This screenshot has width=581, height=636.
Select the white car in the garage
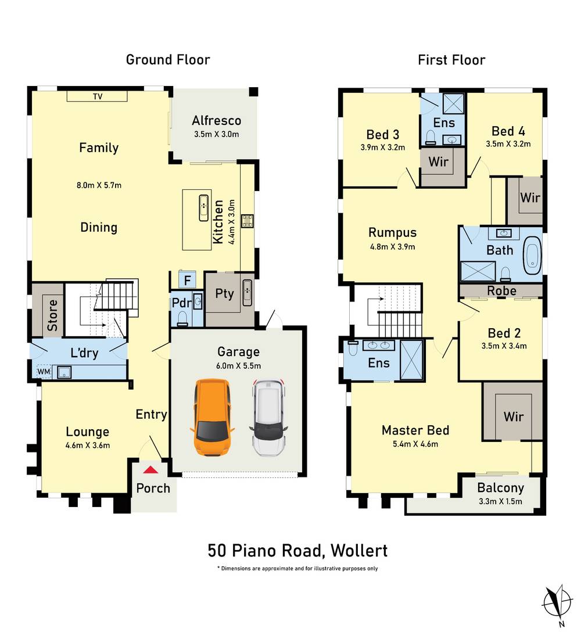(268, 417)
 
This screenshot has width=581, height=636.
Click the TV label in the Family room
(97, 96)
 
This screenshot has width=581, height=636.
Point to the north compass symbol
(556, 605)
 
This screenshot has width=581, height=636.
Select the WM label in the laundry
(44, 371)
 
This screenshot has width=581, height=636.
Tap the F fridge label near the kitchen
(187, 280)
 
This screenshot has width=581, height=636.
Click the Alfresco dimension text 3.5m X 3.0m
(216, 134)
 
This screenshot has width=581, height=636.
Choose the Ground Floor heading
(168, 59)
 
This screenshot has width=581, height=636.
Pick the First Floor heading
(451, 59)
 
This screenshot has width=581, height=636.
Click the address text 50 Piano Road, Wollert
(297, 550)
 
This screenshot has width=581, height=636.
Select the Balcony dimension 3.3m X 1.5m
(500, 502)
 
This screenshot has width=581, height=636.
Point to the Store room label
(52, 315)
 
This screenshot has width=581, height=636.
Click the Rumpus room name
(393, 232)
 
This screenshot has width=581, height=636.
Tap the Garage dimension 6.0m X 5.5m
(238, 365)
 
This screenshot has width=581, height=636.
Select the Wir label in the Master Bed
(514, 416)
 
